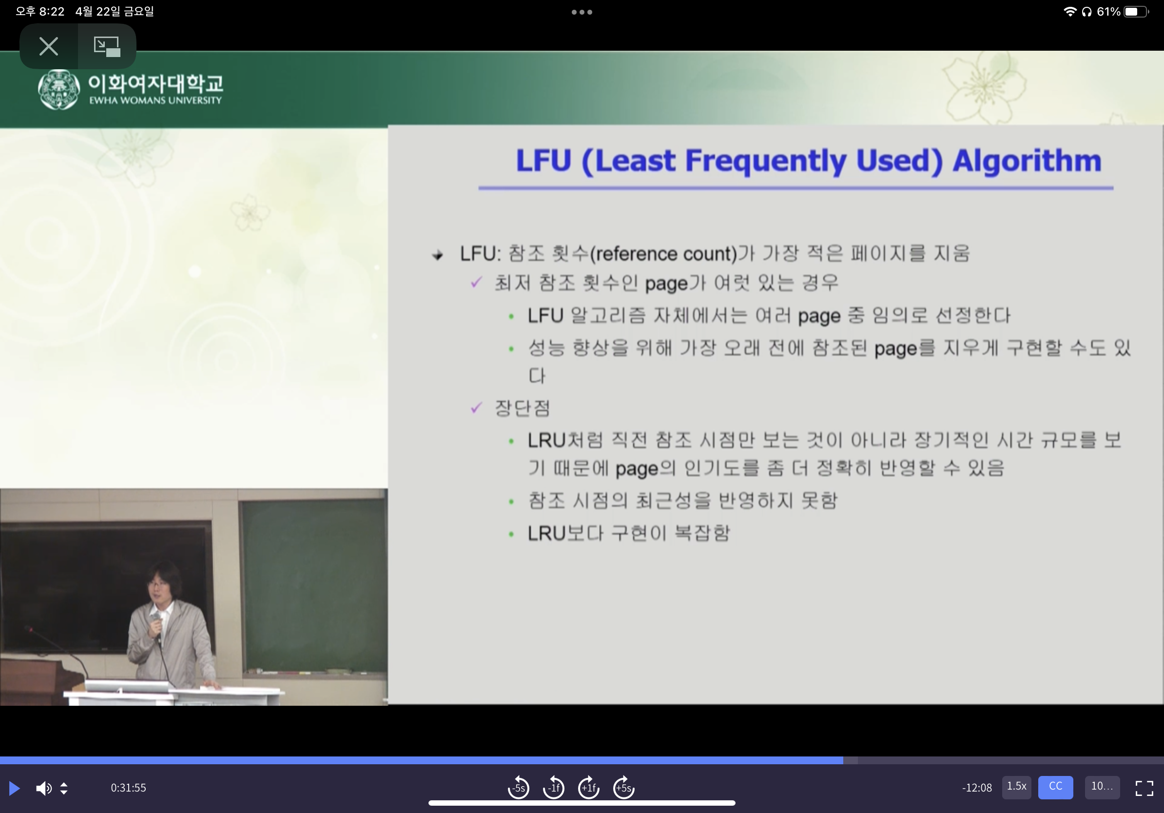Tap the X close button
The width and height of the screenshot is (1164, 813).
tap(49, 46)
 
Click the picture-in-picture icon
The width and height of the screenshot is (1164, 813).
tap(106, 46)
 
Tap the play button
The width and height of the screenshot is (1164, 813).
tap(15, 788)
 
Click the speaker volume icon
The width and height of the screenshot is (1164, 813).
tap(43, 788)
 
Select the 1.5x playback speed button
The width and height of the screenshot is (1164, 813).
tap(1016, 787)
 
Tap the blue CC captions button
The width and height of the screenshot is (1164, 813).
tap(1055, 787)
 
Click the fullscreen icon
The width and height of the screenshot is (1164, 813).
tap(1144, 788)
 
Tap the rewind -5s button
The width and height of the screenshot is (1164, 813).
tap(518, 787)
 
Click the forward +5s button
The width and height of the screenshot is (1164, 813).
tap(623, 787)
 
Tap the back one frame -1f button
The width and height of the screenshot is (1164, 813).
tap(554, 787)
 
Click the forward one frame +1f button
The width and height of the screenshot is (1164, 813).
tap(589, 787)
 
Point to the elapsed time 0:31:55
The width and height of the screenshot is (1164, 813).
tap(128, 788)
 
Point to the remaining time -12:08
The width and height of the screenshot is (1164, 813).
tap(977, 788)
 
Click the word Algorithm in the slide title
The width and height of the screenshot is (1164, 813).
tap(1027, 161)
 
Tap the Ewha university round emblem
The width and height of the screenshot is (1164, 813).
tap(59, 90)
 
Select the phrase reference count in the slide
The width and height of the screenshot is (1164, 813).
tap(665, 254)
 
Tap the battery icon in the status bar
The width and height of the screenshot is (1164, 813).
tap(1136, 12)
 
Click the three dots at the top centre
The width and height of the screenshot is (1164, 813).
tap(582, 12)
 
